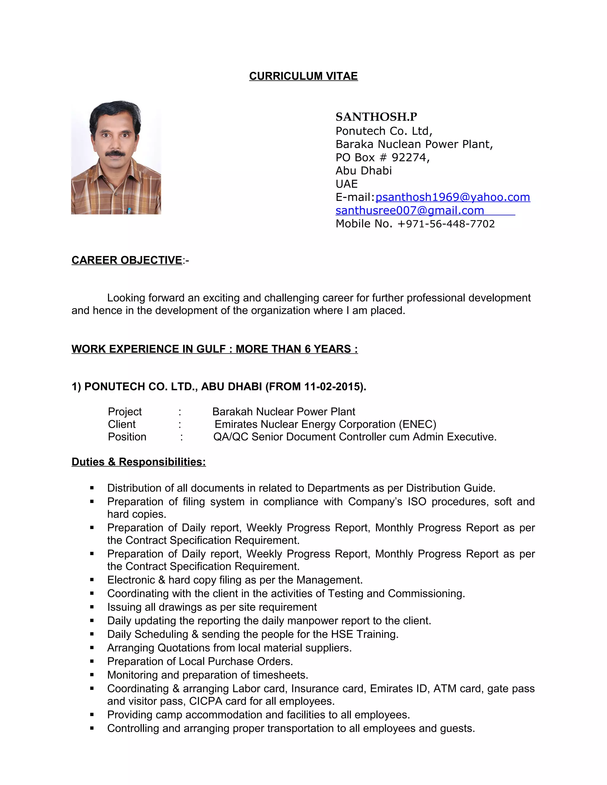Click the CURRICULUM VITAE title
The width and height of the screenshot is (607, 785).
point(303,76)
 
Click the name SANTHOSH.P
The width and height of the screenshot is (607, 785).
point(376,117)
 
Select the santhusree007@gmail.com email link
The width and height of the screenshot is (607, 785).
point(410,210)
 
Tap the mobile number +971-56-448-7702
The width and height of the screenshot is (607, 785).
point(446,224)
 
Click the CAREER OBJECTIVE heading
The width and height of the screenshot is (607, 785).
point(127,260)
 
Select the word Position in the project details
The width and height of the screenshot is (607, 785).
point(127,437)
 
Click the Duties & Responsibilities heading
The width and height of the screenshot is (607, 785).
point(138,462)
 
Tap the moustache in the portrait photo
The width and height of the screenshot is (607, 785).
point(115,153)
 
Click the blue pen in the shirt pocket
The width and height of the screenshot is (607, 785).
point(129,210)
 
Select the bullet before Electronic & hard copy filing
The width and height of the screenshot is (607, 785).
point(92,580)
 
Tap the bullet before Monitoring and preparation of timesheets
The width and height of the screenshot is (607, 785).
point(92,675)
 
